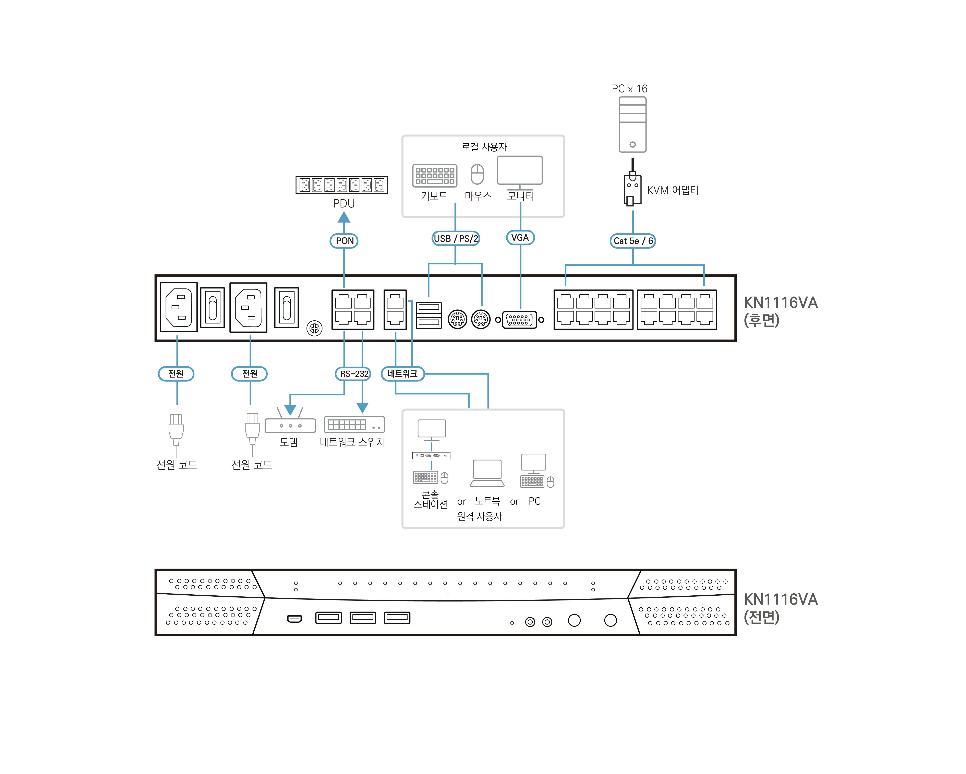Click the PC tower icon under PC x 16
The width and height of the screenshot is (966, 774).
coord(632,125)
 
